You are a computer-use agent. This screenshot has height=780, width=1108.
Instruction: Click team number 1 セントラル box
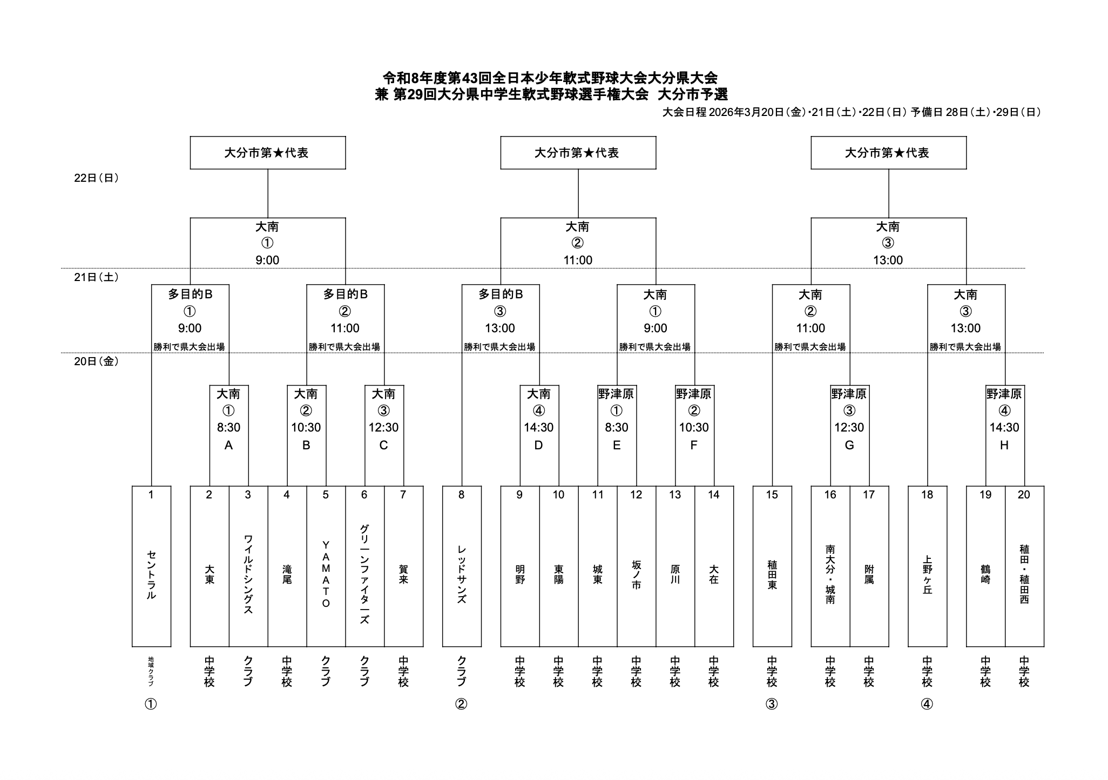click(151, 566)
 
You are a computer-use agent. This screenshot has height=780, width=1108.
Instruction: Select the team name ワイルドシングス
click(248, 574)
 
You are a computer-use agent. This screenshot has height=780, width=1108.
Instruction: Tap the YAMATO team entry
click(326, 574)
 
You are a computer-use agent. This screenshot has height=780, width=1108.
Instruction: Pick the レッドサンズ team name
click(462, 574)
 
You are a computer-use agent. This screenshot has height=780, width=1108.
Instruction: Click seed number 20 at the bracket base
click(1024, 495)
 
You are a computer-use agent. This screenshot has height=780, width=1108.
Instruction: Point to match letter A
click(228, 445)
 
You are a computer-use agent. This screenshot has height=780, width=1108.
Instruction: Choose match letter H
click(1004, 445)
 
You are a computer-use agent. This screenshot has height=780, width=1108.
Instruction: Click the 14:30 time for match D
click(538, 427)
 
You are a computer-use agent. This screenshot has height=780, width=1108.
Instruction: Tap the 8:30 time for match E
click(616, 427)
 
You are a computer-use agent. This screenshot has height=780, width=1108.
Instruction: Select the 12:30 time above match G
click(849, 427)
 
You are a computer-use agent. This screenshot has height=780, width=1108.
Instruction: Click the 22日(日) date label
click(96, 178)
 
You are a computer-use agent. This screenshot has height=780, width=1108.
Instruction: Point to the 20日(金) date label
click(96, 361)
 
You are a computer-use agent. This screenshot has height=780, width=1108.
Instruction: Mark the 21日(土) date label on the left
click(96, 277)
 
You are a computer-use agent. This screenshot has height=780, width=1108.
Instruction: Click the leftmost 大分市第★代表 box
click(267, 153)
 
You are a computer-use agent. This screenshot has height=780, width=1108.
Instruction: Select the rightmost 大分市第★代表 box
click(888, 153)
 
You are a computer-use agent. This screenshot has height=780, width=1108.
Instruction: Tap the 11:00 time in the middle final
click(578, 260)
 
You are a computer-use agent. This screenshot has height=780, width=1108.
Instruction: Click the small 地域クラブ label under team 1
click(151, 671)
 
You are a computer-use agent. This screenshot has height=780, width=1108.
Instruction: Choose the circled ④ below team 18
click(927, 704)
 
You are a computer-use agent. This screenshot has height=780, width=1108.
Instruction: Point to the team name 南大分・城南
click(830, 574)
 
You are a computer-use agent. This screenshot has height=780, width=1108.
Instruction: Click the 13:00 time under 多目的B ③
click(500, 328)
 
